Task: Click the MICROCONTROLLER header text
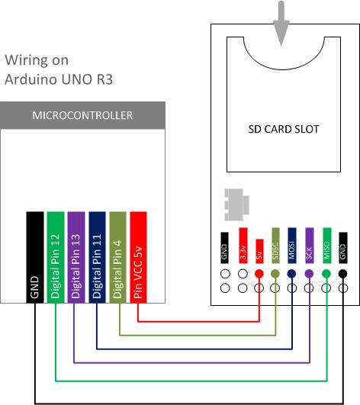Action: point(82,115)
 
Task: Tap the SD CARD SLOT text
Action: point(284,129)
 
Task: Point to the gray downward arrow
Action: point(281,24)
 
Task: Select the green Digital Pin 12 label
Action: point(56,257)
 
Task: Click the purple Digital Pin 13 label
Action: point(76,257)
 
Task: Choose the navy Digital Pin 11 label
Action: point(97,257)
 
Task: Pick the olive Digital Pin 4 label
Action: point(117,257)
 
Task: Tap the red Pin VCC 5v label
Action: point(138,257)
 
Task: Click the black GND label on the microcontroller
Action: point(35,257)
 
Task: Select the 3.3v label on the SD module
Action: point(243,246)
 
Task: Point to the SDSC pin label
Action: point(275,246)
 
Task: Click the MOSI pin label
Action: point(292,246)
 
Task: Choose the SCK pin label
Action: point(310,246)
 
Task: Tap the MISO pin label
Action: point(327,246)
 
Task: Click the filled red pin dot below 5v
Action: point(259,274)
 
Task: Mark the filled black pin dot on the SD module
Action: point(342,274)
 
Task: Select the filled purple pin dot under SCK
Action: point(309,274)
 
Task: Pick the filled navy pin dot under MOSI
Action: point(291,274)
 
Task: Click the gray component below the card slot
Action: point(236,205)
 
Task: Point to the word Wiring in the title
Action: point(27,61)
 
